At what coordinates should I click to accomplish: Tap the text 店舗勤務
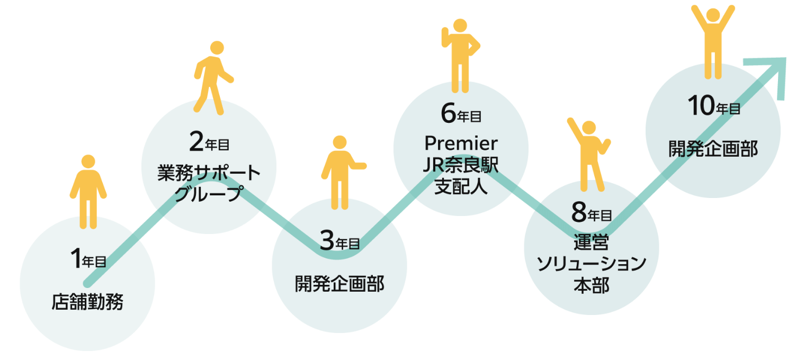(88, 302)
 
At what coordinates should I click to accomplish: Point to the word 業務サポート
(209, 173)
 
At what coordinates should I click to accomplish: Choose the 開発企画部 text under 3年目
(339, 284)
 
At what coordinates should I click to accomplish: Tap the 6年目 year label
(461, 114)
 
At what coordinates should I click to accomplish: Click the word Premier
(461, 143)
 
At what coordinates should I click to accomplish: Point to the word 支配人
(461, 188)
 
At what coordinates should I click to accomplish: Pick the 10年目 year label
(713, 107)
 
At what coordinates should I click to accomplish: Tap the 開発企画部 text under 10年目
(713, 149)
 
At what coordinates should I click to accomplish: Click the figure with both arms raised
(713, 40)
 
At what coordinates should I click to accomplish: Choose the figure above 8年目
(589, 154)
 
